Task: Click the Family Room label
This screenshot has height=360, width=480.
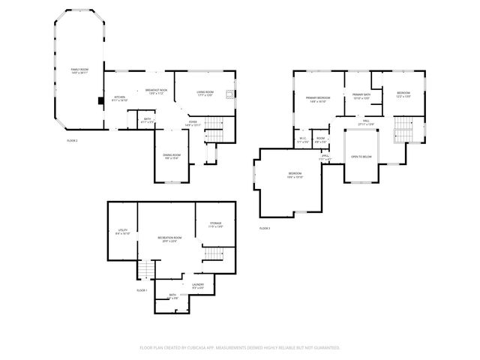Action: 80,71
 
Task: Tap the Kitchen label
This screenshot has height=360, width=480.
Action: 120,98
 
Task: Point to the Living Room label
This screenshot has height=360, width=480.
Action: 205,94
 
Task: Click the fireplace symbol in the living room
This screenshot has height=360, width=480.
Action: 232,95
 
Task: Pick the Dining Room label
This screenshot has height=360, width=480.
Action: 171,157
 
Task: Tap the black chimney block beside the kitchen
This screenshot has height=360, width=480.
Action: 100,100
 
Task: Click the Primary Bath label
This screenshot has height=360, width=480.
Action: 362,95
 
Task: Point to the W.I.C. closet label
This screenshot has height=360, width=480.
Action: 302,139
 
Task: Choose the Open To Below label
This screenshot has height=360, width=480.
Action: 361,157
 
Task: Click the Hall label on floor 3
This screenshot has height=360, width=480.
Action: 367,122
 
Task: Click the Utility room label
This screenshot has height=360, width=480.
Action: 123,232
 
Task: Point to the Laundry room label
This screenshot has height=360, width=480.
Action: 198,285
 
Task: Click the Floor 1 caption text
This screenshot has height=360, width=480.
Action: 142,289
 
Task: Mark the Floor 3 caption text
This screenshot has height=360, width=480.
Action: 265,228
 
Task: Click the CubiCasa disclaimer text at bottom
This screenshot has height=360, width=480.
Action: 240,347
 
